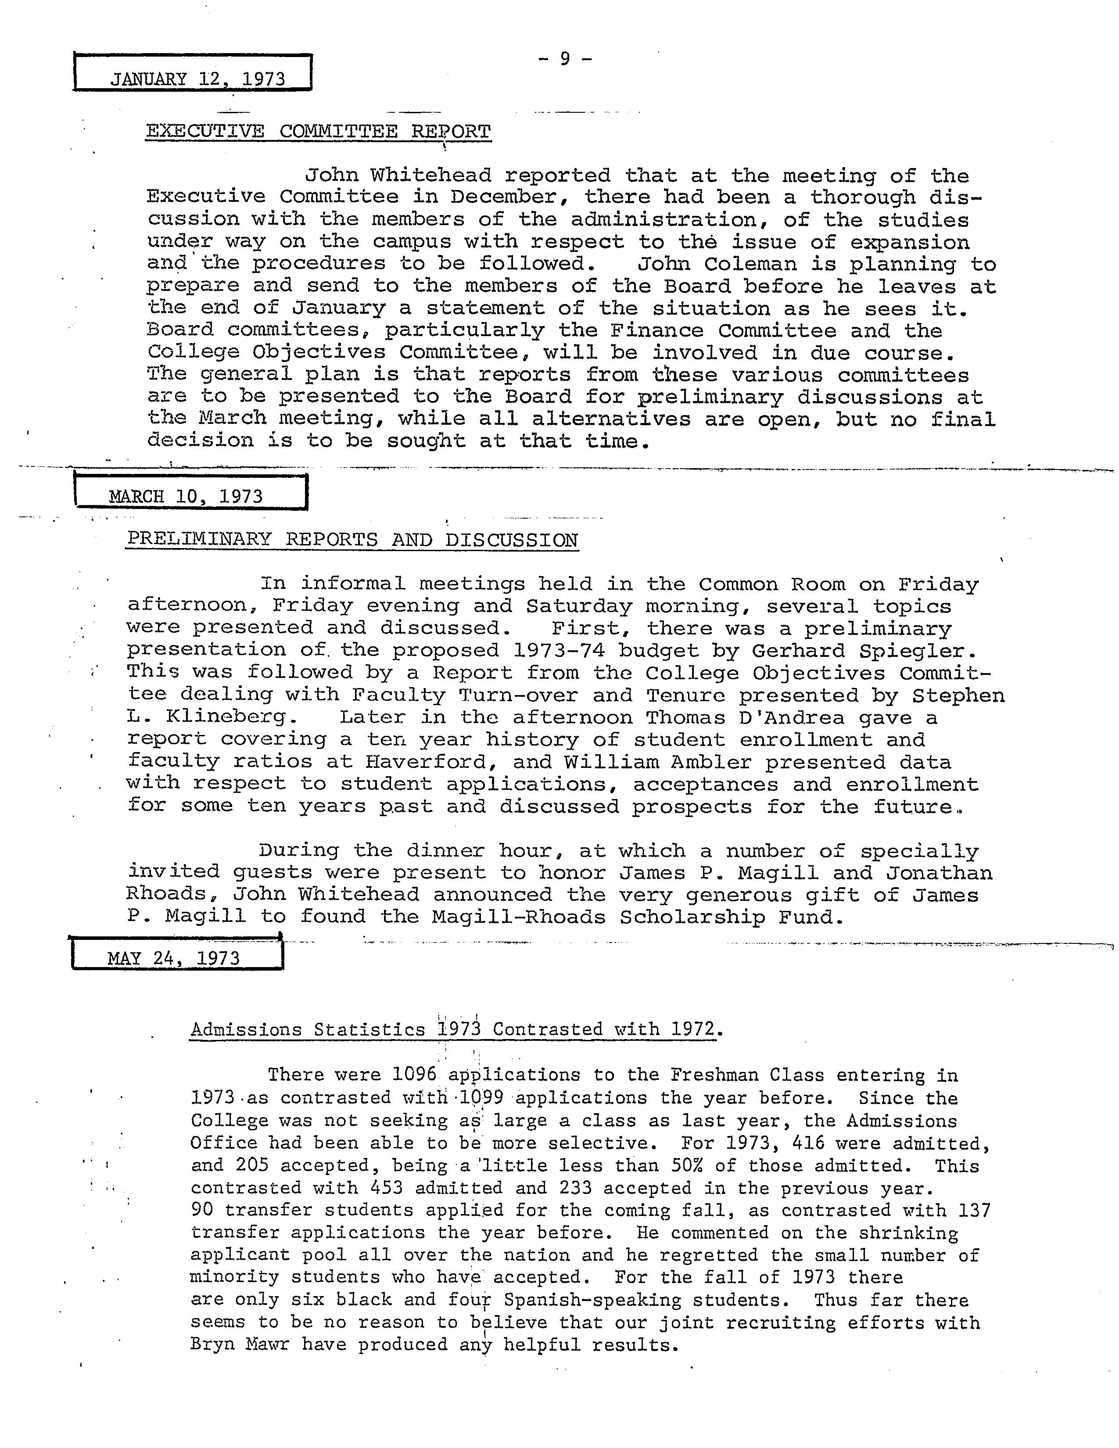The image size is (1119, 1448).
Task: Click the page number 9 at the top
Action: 565,59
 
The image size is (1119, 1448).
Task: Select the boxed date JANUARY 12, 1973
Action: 197,79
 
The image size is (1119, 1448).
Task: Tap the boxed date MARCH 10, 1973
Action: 186,497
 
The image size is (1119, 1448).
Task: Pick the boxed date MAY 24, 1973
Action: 174,958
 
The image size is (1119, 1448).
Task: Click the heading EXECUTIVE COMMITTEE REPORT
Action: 318,131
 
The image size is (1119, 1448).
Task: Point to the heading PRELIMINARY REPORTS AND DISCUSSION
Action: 352,540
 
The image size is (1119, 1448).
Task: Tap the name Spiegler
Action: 918,651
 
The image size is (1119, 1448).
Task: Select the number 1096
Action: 415,1075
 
